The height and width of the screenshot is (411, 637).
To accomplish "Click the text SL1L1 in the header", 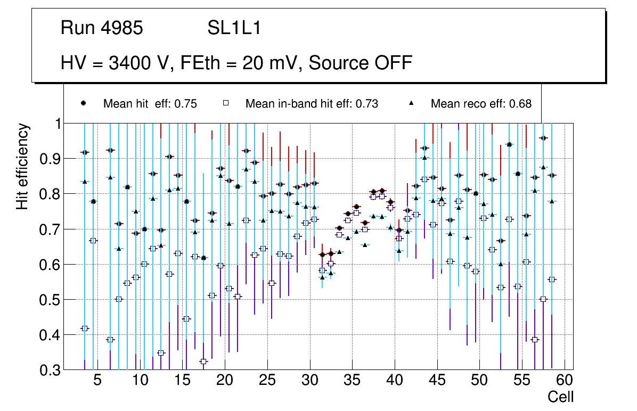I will pos(234,28).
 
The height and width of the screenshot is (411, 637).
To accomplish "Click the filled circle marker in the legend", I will pos(84,103).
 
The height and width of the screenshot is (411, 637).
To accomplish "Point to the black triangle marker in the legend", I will pos(411,103).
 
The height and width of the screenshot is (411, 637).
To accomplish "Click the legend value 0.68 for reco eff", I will pos(520,104).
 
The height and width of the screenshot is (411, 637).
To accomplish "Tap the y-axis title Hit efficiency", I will pos(22,166).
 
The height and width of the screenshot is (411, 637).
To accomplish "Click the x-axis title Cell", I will pos(561,397).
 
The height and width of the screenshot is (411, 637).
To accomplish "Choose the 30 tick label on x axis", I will pos(309,381).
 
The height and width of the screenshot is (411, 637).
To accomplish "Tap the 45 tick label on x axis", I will pos(437,381).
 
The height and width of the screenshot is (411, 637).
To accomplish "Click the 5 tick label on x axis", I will pos(97,381).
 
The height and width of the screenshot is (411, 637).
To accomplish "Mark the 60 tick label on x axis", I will pos(564,381).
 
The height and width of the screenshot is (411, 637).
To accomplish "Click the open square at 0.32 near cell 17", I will pos(203,361).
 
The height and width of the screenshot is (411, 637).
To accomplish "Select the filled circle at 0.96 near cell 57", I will pos(543,138).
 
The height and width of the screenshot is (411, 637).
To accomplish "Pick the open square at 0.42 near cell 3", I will pos(84,328).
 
